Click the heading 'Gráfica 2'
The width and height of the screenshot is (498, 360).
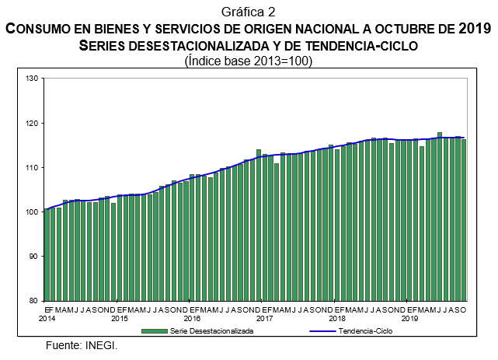[249, 12]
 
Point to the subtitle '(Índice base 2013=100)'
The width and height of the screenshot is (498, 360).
[249, 61]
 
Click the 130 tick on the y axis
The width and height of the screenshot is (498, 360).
[32, 79]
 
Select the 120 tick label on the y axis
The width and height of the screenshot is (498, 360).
[32, 123]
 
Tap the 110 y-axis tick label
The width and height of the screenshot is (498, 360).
[32, 167]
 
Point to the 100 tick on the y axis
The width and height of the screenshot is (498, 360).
[32, 211]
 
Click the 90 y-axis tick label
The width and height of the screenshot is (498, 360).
[33, 256]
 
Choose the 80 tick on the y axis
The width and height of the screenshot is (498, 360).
[33, 300]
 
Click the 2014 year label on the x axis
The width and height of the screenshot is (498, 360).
[47, 319]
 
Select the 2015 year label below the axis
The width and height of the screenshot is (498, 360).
[120, 319]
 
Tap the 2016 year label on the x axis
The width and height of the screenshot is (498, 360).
[192, 319]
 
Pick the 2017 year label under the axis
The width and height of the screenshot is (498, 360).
[264, 319]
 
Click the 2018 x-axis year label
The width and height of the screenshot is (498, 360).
[337, 319]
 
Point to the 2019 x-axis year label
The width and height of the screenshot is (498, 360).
[409, 319]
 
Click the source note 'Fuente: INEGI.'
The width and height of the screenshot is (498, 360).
[82, 344]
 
